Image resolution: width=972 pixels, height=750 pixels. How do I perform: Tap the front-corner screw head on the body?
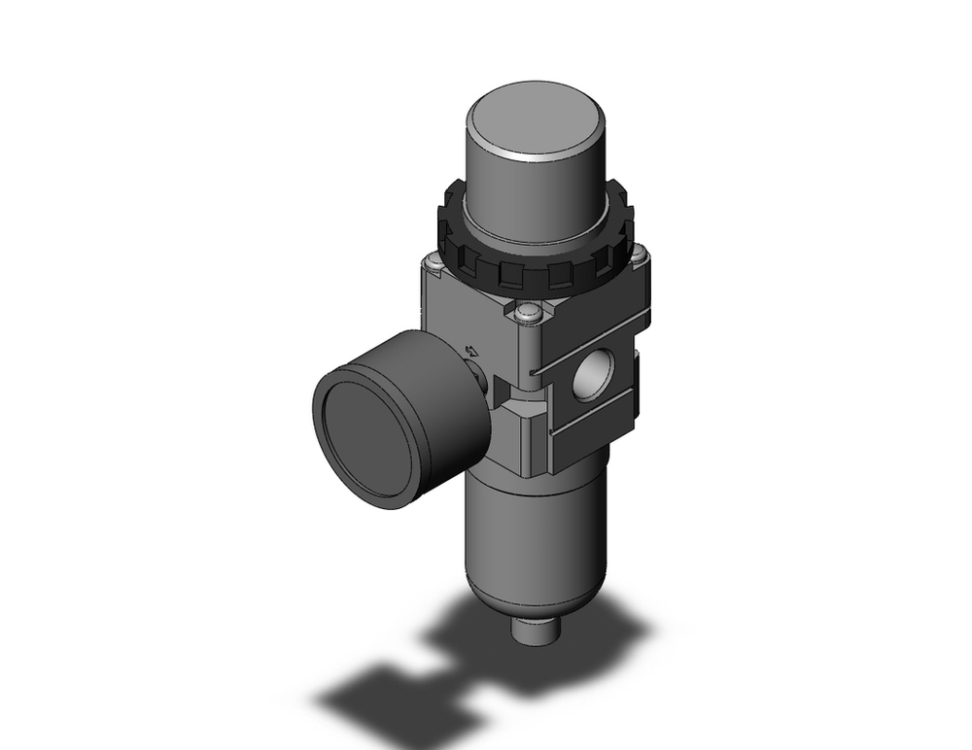[528, 312]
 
